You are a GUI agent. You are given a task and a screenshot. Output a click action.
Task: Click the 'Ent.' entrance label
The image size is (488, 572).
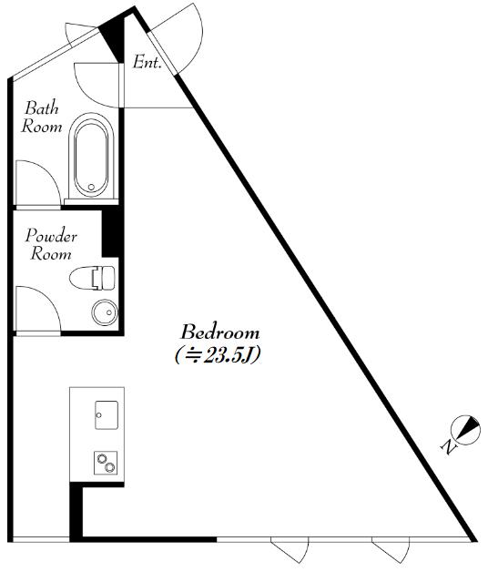[x=147, y=62]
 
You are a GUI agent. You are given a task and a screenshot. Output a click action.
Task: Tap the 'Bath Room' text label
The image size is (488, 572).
[x=42, y=117]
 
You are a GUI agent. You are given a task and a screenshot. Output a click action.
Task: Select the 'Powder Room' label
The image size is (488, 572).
[x=51, y=244]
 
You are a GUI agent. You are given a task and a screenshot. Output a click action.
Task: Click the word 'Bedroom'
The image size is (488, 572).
[x=220, y=332]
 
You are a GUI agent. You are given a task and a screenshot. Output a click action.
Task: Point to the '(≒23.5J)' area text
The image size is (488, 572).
[x=218, y=355]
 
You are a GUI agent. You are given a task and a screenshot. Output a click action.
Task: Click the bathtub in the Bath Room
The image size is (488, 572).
[x=91, y=157]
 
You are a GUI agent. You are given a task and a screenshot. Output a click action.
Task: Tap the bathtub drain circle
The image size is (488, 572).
[x=91, y=187]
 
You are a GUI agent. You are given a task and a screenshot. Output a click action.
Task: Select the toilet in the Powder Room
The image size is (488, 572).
[x=92, y=278]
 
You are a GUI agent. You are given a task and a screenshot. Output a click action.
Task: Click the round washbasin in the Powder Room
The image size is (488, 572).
[x=105, y=312]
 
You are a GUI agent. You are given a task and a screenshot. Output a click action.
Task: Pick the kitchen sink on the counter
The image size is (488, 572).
[x=107, y=415]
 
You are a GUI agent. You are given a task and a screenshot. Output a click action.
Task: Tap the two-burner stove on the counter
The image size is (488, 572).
[x=106, y=463]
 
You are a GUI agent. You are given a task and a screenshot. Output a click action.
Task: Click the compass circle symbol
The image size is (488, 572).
[x=466, y=430]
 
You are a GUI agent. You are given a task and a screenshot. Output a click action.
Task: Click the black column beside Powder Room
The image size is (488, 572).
[x=110, y=233]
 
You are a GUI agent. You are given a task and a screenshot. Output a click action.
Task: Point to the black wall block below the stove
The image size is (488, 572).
[x=76, y=512]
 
